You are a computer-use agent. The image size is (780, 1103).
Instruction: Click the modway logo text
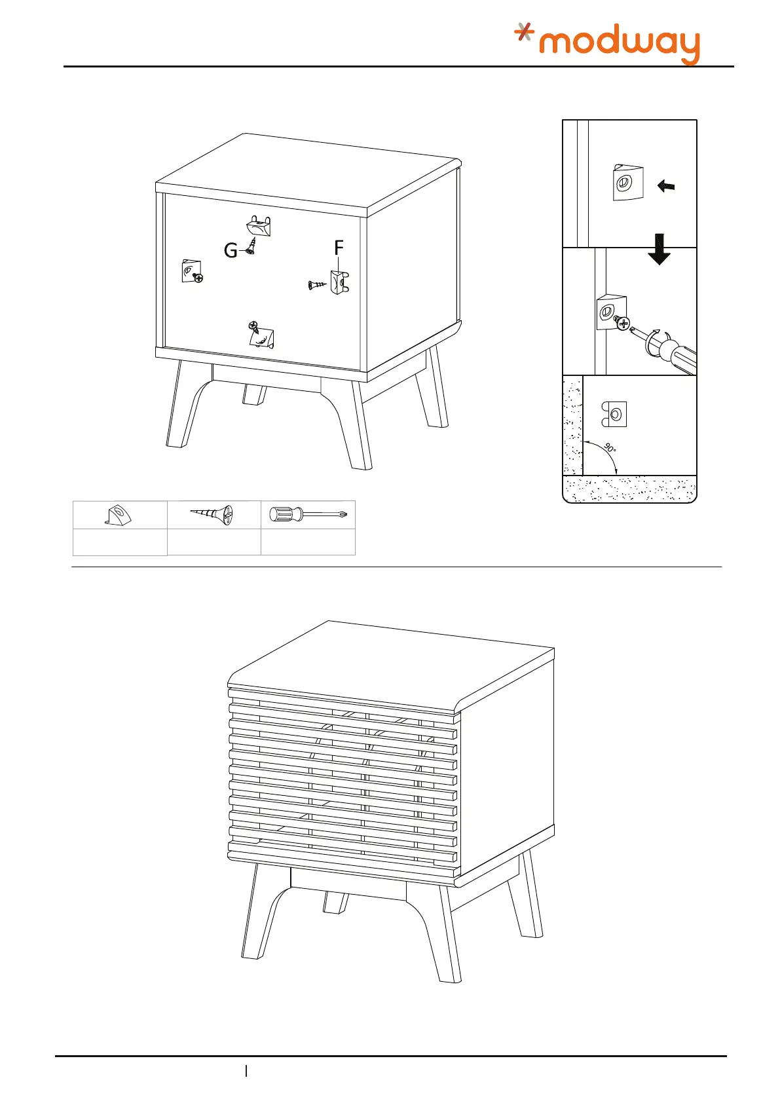coord(619,45)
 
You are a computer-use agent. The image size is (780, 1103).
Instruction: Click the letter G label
coord(231,250)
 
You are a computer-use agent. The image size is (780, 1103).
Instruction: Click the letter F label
coord(339,248)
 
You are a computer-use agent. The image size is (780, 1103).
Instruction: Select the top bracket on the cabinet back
coord(259,227)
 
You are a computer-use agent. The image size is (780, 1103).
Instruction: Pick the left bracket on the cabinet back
coord(190,271)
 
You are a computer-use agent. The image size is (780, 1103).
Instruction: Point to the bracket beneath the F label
coord(339,282)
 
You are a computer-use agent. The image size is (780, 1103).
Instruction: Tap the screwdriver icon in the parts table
coord(308,515)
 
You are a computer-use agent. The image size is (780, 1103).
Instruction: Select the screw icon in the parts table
coord(212,515)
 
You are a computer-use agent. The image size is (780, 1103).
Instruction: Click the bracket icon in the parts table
coord(118,515)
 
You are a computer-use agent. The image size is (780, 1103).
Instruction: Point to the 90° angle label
coord(610,449)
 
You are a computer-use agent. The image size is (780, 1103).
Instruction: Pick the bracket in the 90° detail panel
coord(614,414)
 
